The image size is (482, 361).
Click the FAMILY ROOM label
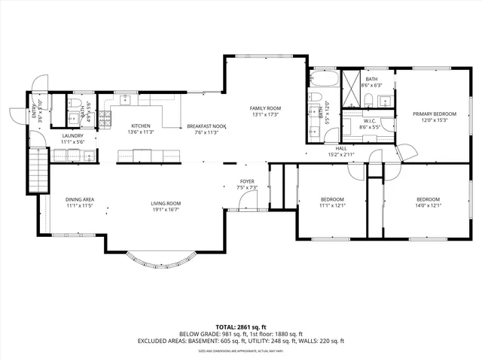[x=264, y=108]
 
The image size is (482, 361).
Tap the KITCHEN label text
[x=141, y=126]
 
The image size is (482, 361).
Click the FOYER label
[x=247, y=181]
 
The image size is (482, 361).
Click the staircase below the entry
[x=38, y=169]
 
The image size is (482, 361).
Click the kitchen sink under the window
[x=126, y=100]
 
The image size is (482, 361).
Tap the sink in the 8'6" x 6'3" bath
[x=383, y=100]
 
